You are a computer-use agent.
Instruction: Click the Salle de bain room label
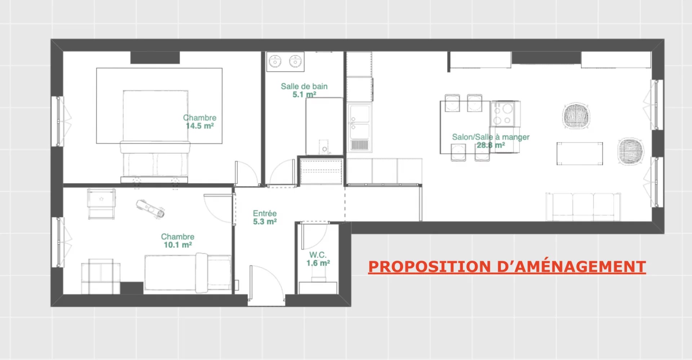(x=304, y=86)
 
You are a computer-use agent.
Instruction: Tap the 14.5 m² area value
(x=200, y=126)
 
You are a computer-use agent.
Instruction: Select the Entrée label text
(x=265, y=213)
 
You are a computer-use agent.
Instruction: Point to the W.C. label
(x=318, y=255)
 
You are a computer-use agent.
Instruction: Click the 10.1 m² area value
(x=178, y=245)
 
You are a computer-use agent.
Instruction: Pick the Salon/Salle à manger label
(x=491, y=137)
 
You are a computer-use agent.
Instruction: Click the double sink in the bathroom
(x=285, y=62)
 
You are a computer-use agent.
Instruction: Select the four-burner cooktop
(x=504, y=114)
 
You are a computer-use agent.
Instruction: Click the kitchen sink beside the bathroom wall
(x=359, y=127)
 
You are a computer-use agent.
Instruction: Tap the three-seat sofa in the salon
(x=583, y=207)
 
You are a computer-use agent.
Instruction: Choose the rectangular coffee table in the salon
(x=580, y=154)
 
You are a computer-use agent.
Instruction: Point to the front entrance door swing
(x=267, y=281)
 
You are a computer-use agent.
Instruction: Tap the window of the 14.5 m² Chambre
(x=58, y=121)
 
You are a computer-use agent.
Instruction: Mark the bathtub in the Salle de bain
(x=324, y=126)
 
